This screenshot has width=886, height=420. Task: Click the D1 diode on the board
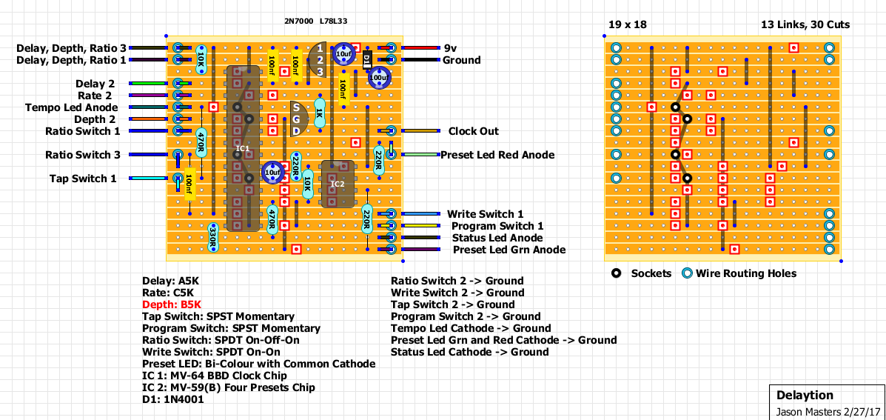click(367, 60)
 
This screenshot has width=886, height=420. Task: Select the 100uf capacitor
click(379, 77)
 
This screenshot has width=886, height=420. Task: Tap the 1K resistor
click(320, 113)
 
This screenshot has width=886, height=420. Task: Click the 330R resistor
click(213, 237)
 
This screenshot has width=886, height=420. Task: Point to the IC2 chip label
click(338, 184)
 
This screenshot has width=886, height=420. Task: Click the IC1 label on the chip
click(243, 149)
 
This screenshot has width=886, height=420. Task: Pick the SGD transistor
click(298, 119)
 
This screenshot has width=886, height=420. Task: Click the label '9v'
click(450, 48)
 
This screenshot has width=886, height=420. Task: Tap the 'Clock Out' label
click(473, 131)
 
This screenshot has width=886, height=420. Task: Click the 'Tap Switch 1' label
click(83, 179)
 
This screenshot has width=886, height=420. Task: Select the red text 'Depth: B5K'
click(172, 304)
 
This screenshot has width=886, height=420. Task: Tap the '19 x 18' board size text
click(627, 24)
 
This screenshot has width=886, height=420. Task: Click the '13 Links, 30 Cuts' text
click(805, 24)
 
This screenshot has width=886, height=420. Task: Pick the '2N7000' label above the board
click(298, 21)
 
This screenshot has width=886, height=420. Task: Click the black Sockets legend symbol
click(616, 273)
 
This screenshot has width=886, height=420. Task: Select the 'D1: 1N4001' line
click(173, 399)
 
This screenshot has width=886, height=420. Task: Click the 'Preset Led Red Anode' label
click(497, 155)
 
